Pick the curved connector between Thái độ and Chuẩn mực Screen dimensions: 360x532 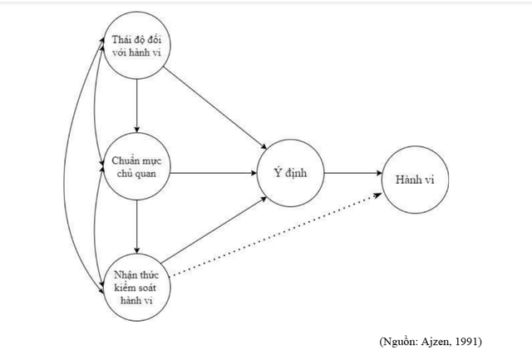pos(95,100)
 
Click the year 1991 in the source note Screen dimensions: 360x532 pos(467,342)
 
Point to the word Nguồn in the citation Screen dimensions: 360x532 pos(400,342)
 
